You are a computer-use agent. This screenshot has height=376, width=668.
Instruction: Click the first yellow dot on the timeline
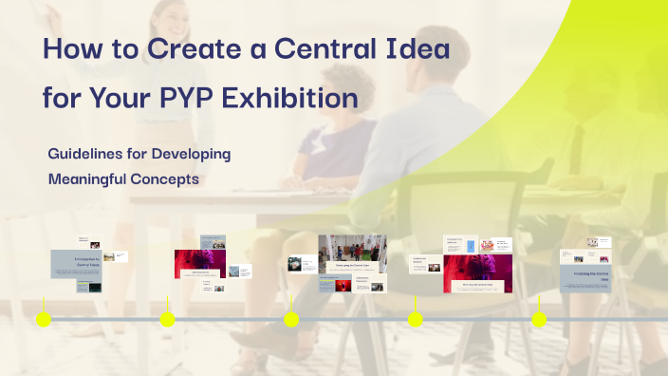[44, 319]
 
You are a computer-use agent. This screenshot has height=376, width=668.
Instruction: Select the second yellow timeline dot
[168, 319]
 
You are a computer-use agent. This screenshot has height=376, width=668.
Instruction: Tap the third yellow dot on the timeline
[291, 319]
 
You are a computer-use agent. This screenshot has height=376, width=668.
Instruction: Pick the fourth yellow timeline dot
[415, 319]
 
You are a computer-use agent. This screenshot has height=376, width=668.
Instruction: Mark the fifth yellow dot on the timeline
[539, 319]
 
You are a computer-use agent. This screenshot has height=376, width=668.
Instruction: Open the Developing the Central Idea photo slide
[352, 254]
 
